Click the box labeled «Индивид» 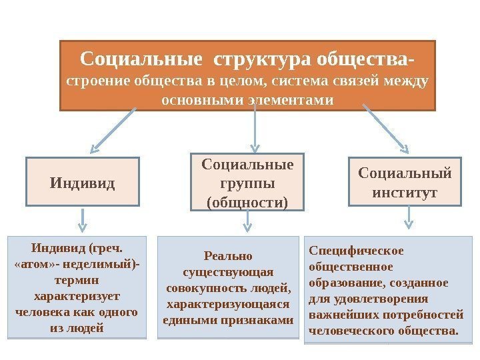click(x=83, y=181)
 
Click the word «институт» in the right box click(x=405, y=192)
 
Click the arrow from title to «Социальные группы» click(x=255, y=129)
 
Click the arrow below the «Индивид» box click(x=82, y=219)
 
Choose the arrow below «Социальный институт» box click(x=407, y=218)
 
